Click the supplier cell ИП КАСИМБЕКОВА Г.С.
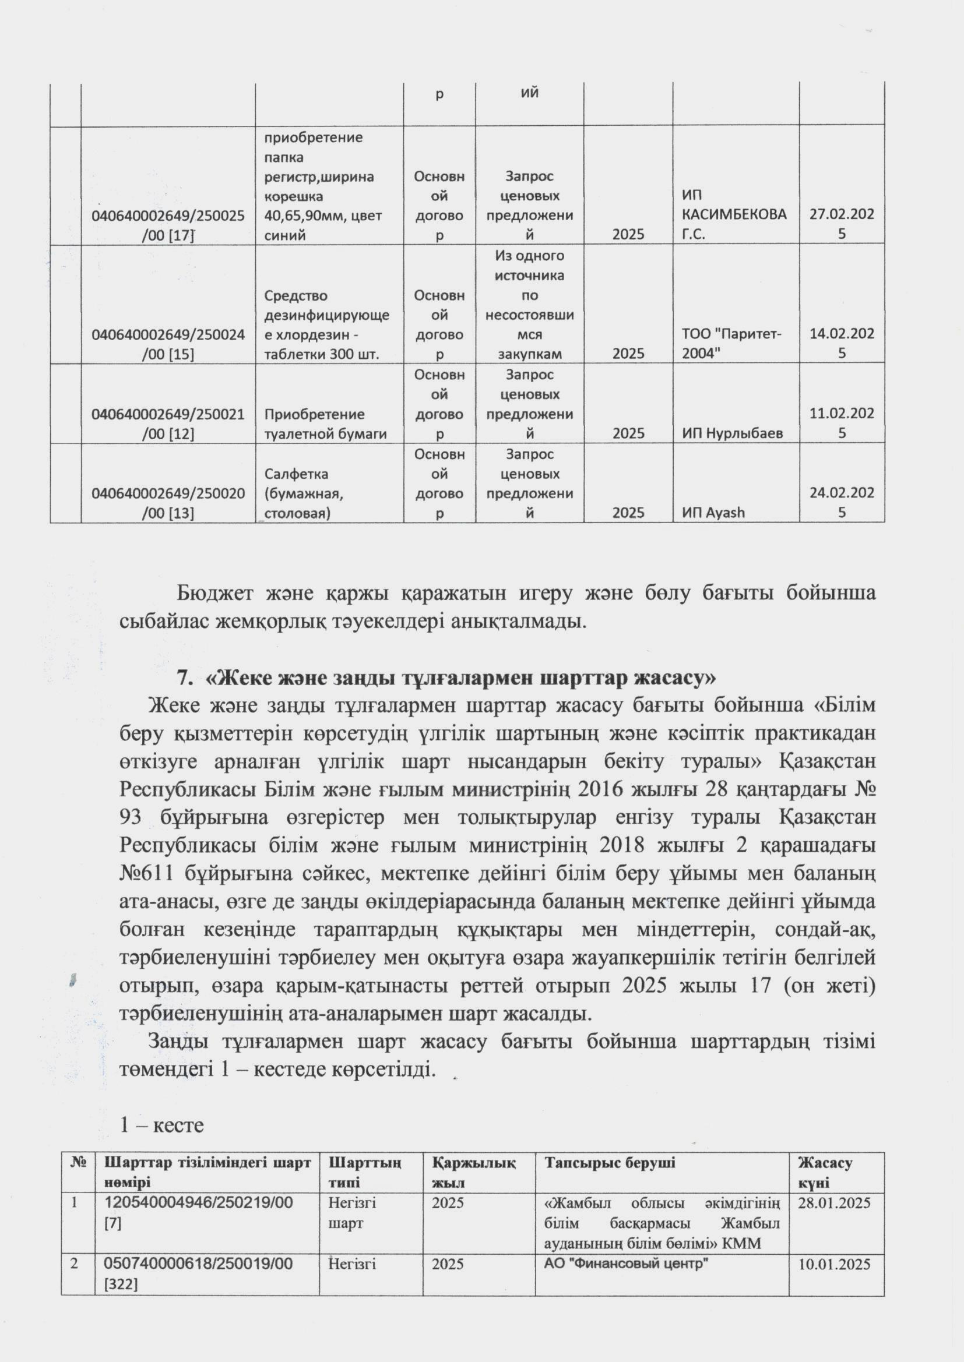734,215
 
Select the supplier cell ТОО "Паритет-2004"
731,344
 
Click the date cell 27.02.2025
842,224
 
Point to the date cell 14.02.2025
842,343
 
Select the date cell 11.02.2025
842,423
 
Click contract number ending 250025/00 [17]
168,225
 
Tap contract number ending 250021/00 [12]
168,424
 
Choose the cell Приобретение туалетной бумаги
325,424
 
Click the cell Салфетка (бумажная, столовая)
304,493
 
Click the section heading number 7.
184,678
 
